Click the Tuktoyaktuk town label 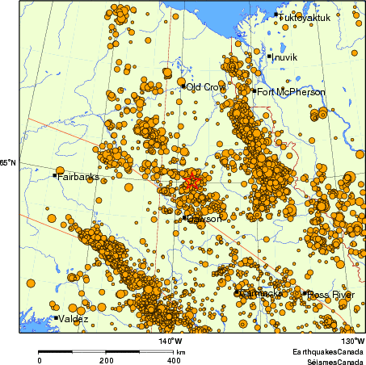coord(306,16)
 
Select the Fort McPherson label coord(292,92)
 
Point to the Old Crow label coord(206,86)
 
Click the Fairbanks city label coord(78,176)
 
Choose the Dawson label coord(204,219)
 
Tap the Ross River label coord(331,294)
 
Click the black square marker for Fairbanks coord(55,174)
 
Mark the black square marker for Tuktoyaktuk coord(276,15)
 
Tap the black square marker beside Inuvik coord(269,56)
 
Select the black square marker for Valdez coord(55,318)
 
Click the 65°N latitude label coord(7,163)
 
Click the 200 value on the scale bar coord(107,360)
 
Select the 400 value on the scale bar coord(173,360)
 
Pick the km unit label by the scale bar coord(182,353)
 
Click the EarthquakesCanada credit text coord(327,353)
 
